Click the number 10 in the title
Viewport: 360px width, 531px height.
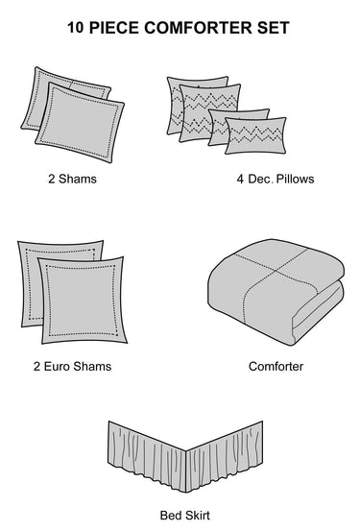(75, 28)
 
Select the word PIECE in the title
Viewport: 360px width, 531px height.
(114, 28)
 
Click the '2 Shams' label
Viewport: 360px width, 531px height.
(72, 179)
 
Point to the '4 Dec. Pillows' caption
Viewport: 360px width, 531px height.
(276, 179)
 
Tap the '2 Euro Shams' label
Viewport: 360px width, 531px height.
(72, 366)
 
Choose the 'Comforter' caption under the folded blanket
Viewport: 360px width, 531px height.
(276, 366)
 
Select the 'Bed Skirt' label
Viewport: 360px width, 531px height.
(185, 516)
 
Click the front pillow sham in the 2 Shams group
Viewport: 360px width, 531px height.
(80, 122)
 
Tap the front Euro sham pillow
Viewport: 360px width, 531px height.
(84, 301)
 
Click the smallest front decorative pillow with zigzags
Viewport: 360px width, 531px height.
(255, 135)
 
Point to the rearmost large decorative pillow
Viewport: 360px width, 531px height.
(174, 105)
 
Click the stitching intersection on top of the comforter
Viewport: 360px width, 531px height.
(277, 271)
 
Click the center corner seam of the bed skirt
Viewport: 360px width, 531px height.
(186, 471)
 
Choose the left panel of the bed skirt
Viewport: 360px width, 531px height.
(147, 456)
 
